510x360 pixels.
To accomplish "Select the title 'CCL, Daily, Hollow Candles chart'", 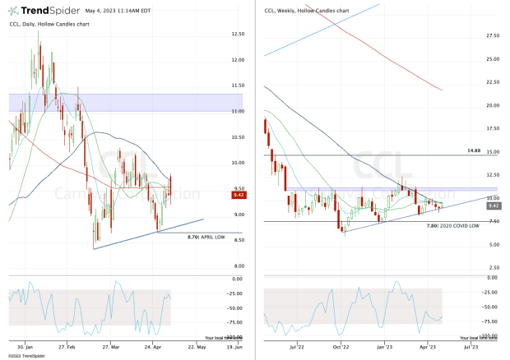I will tap(49, 25).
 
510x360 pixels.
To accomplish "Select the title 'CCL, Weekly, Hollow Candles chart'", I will tap(308, 10).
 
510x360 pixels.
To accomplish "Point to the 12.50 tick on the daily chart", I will tap(239, 35).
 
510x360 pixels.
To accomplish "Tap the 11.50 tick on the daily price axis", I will tap(239, 85).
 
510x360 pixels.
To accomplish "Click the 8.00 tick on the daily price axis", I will tap(239, 265).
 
